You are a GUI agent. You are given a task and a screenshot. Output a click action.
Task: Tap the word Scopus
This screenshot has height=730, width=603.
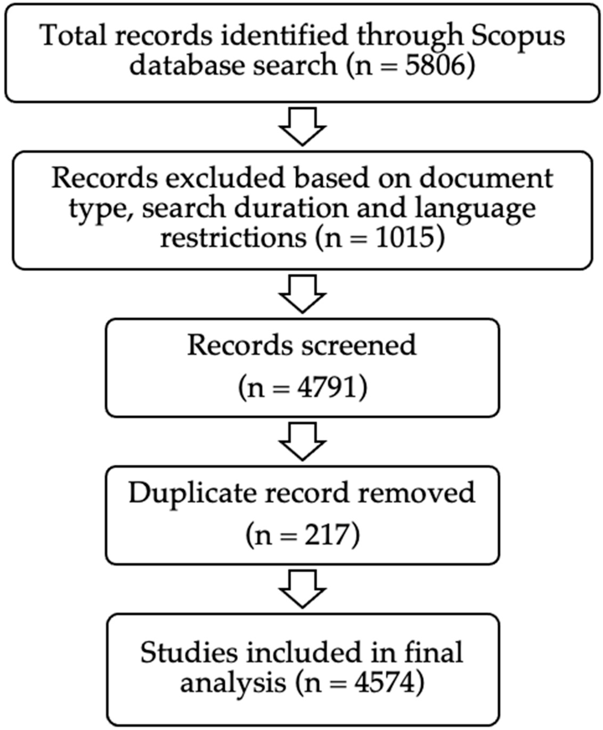tap(517, 36)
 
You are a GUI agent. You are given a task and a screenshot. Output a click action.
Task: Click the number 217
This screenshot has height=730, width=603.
tap(327, 535)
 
